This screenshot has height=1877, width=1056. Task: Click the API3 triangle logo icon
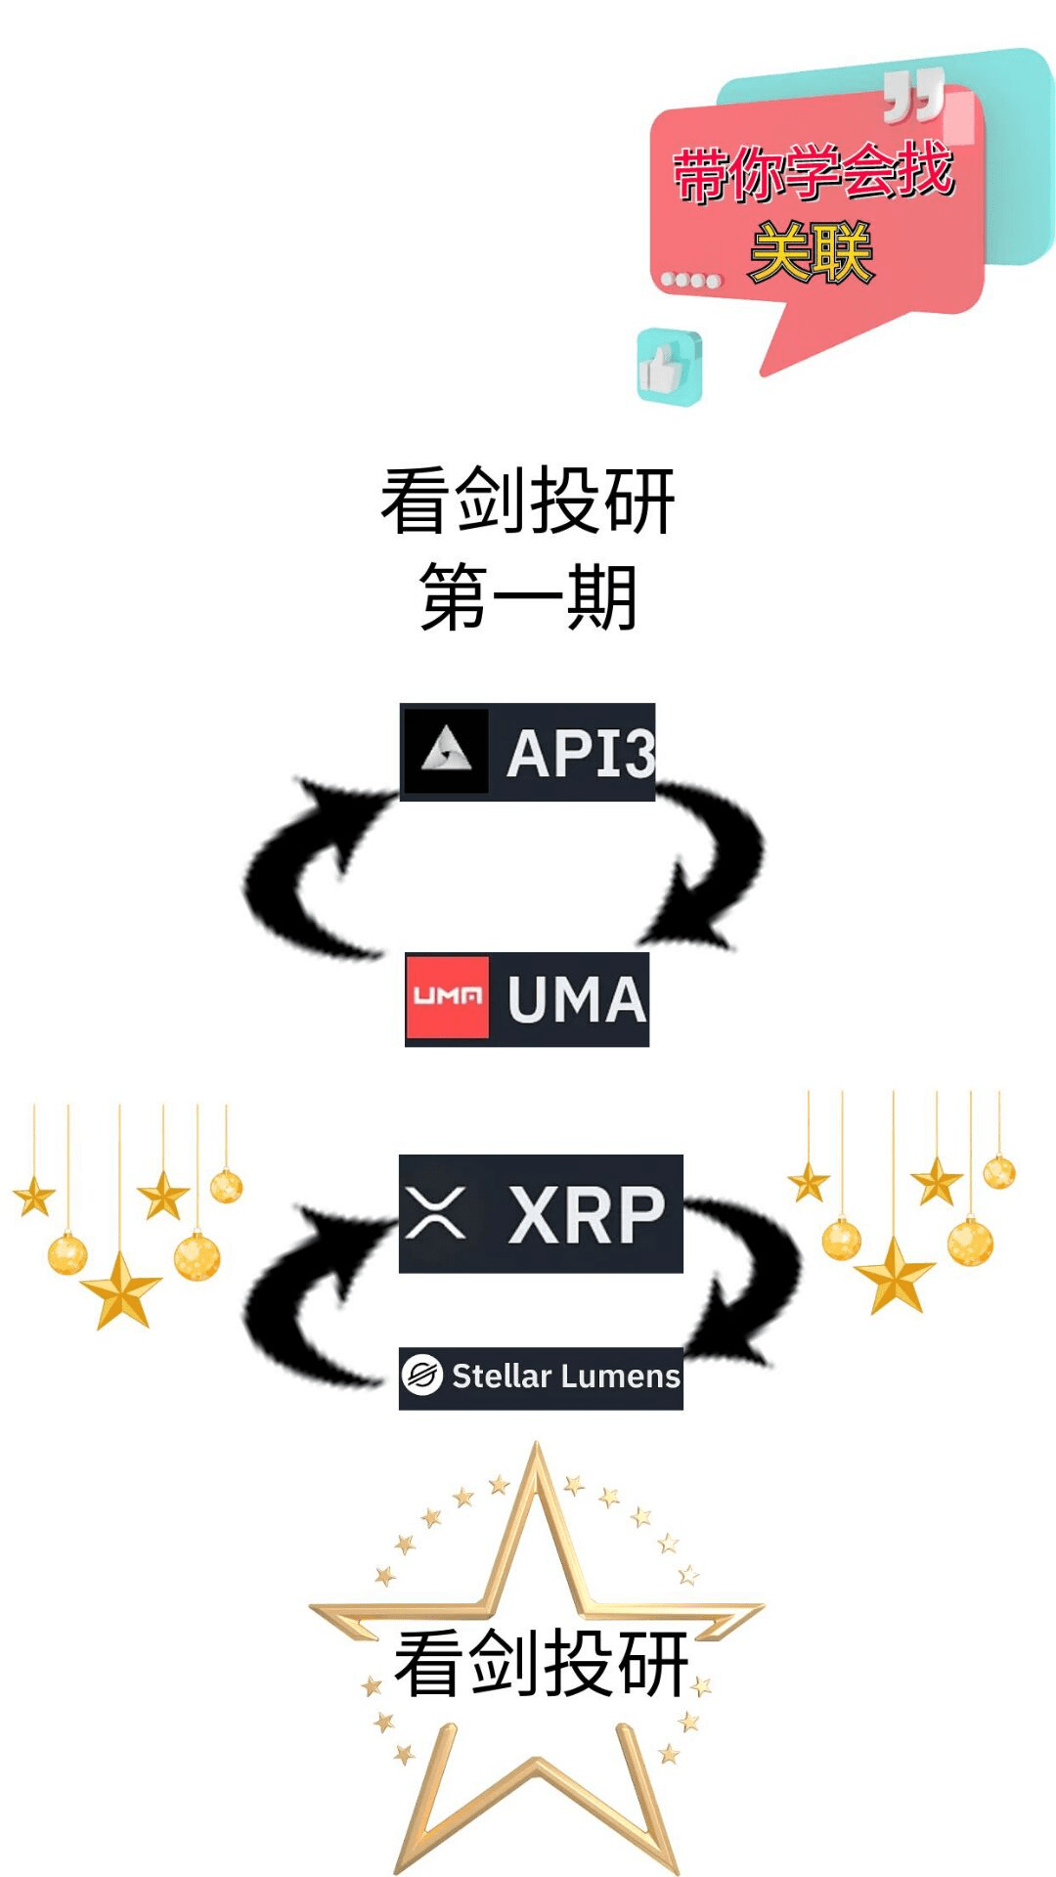click(x=446, y=751)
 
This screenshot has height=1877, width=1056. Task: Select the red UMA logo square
click(x=448, y=997)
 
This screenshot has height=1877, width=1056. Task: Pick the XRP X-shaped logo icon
click(x=436, y=1213)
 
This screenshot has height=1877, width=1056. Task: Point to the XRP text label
click(x=587, y=1215)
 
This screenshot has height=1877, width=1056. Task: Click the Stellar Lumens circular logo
click(x=422, y=1375)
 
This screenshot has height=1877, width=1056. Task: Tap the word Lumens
click(x=621, y=1376)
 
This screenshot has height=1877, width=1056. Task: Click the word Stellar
click(x=502, y=1376)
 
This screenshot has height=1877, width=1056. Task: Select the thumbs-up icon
click(x=669, y=367)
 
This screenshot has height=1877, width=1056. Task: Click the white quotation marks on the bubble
click(x=913, y=96)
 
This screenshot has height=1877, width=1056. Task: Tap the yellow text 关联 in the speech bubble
click(x=811, y=253)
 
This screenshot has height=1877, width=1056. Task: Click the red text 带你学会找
click(x=813, y=173)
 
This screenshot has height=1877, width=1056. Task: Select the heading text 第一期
click(x=528, y=597)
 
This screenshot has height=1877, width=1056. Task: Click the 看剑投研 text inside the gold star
click(x=541, y=1662)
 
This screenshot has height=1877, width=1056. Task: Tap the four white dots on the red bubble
click(x=690, y=281)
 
